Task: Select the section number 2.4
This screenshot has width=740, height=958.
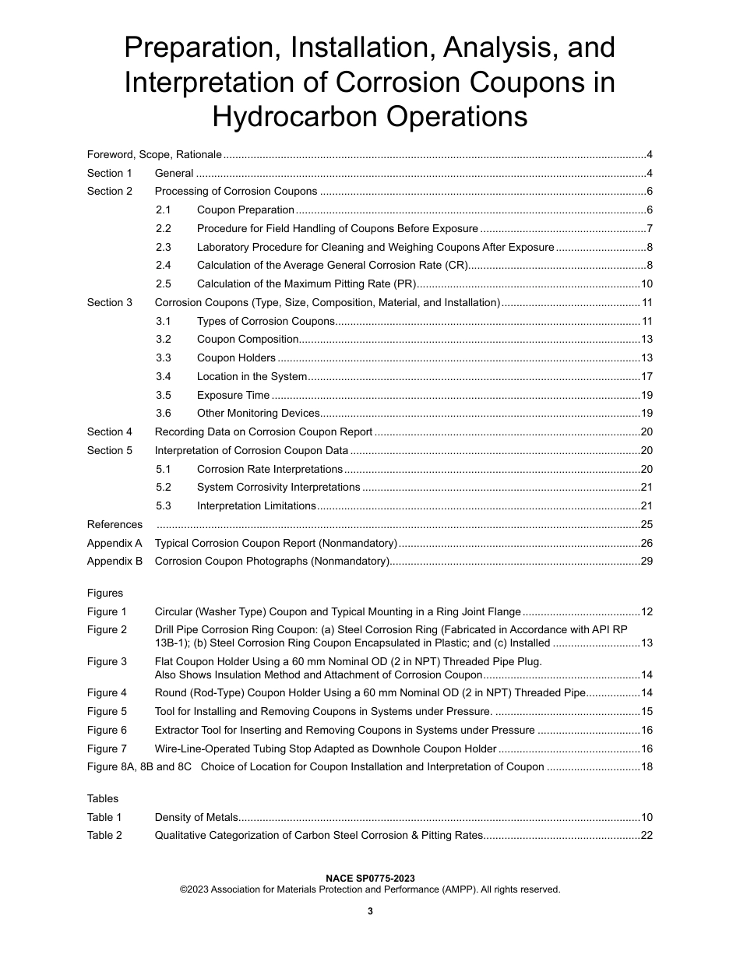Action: pyautogui.click(x=163, y=266)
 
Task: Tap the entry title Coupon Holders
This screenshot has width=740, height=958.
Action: pyautogui.click(x=236, y=358)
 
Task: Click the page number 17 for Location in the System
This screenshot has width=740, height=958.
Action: pyautogui.click(x=646, y=377)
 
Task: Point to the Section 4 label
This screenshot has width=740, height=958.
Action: pyautogui.click(x=109, y=432)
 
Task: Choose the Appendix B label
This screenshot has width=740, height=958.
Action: pyautogui.click(x=115, y=562)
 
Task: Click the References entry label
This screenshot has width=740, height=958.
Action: pyautogui.click(x=115, y=525)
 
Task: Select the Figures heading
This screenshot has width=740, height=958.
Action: pyautogui.click(x=104, y=593)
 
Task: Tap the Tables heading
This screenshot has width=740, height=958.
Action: pyautogui.click(x=102, y=798)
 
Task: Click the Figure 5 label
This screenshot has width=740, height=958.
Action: pyautogui.click(x=107, y=712)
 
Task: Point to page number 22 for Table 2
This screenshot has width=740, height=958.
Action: pyautogui.click(x=646, y=836)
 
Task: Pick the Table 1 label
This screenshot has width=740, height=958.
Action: pyautogui.click(x=104, y=818)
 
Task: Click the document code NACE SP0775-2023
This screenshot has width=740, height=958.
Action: pyautogui.click(x=370, y=879)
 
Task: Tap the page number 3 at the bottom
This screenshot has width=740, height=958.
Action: pyautogui.click(x=370, y=912)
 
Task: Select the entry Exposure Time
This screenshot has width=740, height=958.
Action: pyautogui.click(x=233, y=396)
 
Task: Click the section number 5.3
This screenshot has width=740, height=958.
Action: pyautogui.click(x=163, y=506)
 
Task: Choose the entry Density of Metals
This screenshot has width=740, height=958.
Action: pyautogui.click(x=196, y=818)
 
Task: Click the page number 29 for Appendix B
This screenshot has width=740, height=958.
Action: pyautogui.click(x=646, y=562)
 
